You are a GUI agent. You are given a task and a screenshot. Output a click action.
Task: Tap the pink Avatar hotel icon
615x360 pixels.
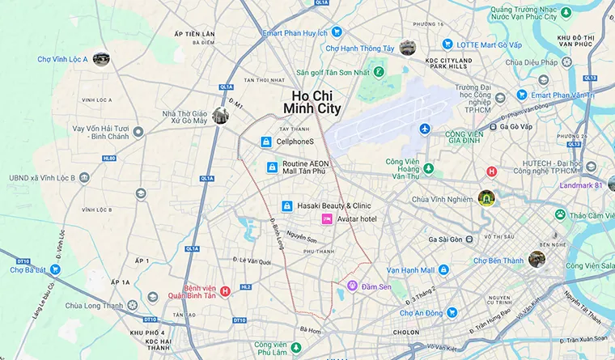coord(328,219)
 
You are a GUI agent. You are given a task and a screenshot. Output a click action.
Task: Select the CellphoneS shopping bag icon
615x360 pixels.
coord(265,142)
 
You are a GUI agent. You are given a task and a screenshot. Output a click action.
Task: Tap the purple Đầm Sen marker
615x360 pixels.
coord(352,286)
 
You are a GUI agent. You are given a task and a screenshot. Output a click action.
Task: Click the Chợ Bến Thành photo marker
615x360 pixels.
coord(537,259)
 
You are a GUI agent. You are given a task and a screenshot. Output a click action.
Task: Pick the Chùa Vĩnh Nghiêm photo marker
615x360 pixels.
coord(486,197)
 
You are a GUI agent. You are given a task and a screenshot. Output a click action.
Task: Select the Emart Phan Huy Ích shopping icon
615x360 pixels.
coord(337,32)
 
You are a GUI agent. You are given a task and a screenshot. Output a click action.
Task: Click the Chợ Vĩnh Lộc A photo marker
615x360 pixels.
coord(101,59)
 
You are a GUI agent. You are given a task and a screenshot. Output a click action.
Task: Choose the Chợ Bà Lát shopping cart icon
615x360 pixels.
coord(55,269)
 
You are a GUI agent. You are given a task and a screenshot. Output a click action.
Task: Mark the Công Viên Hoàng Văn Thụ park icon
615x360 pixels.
coord(429,168)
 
